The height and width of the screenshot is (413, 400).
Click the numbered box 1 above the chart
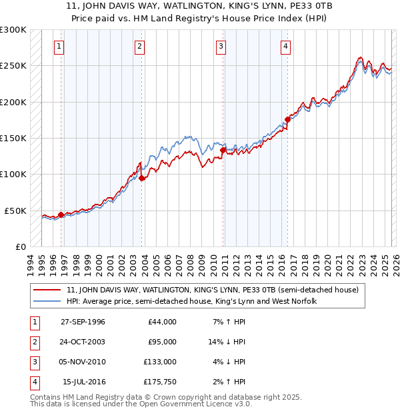coord(60,47)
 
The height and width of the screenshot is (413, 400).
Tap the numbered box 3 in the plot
coord(221,47)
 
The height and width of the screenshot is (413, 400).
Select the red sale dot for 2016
coord(287,120)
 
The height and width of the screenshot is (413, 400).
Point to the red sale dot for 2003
coord(142,178)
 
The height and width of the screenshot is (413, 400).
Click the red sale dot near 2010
coord(223,151)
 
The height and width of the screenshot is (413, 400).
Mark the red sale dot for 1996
coord(61,214)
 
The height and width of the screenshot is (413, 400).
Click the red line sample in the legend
coord(47,290)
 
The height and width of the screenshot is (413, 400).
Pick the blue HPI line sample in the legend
coord(47,302)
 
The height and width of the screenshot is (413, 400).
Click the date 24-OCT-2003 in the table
coord(83,342)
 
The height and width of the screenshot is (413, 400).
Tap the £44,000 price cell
coord(162,322)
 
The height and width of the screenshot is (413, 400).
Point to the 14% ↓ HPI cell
coord(227,342)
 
